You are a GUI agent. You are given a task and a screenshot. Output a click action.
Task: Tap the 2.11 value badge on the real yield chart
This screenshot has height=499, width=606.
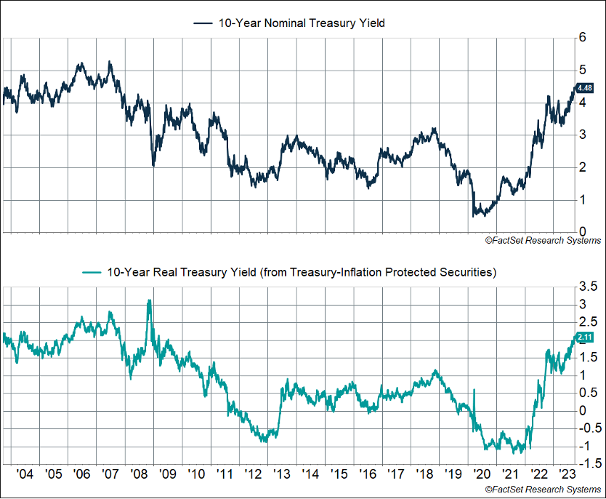(586, 337)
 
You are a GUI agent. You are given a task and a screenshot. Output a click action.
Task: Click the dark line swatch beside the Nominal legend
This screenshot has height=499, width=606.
(203, 23)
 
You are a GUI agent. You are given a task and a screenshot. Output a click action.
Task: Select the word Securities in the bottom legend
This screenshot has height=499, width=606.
(467, 273)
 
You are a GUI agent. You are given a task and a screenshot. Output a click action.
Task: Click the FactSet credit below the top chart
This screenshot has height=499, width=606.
(543, 241)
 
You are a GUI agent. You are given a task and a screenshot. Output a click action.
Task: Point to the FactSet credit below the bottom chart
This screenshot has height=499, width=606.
(543, 489)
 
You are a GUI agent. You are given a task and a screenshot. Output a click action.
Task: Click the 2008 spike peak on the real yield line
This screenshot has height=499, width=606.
(149, 300)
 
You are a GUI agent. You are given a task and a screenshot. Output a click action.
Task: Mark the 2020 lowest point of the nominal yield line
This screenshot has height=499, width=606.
(474, 216)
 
